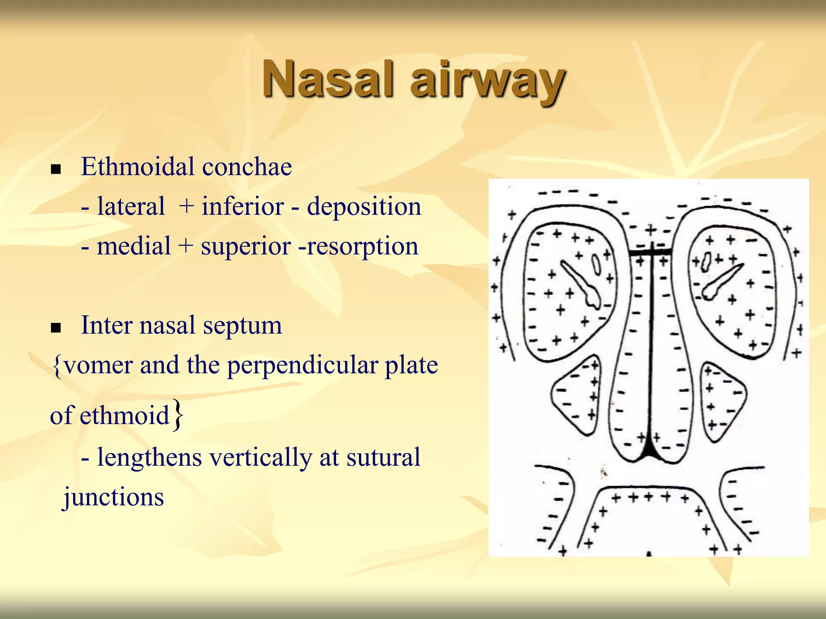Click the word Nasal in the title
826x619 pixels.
point(327,79)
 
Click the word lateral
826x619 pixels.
point(131,206)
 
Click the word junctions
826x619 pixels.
point(114,497)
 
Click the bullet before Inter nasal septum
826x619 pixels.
point(56,328)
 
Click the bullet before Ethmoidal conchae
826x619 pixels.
point(56,169)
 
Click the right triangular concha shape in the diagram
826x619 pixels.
point(722,401)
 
